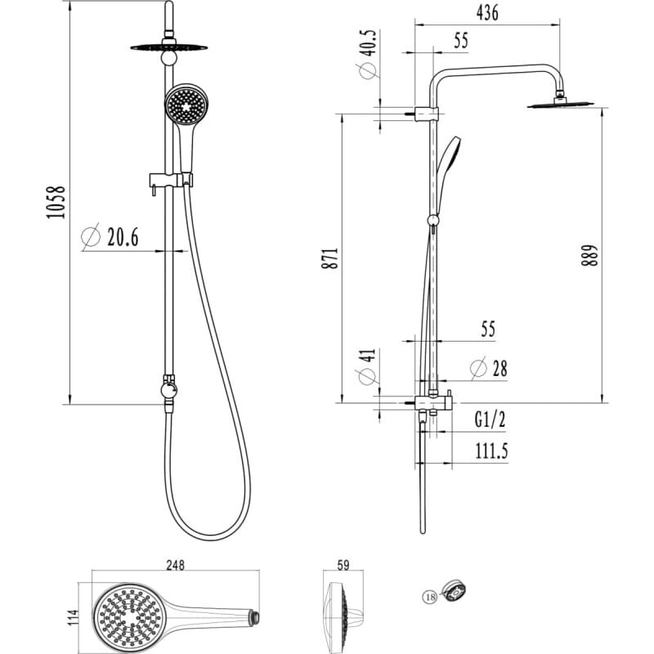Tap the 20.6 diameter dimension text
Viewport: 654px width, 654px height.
(x=122, y=238)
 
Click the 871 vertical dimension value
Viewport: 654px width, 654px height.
(x=329, y=257)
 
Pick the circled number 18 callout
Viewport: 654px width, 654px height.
(x=430, y=598)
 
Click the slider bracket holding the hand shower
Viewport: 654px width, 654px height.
(x=170, y=179)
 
